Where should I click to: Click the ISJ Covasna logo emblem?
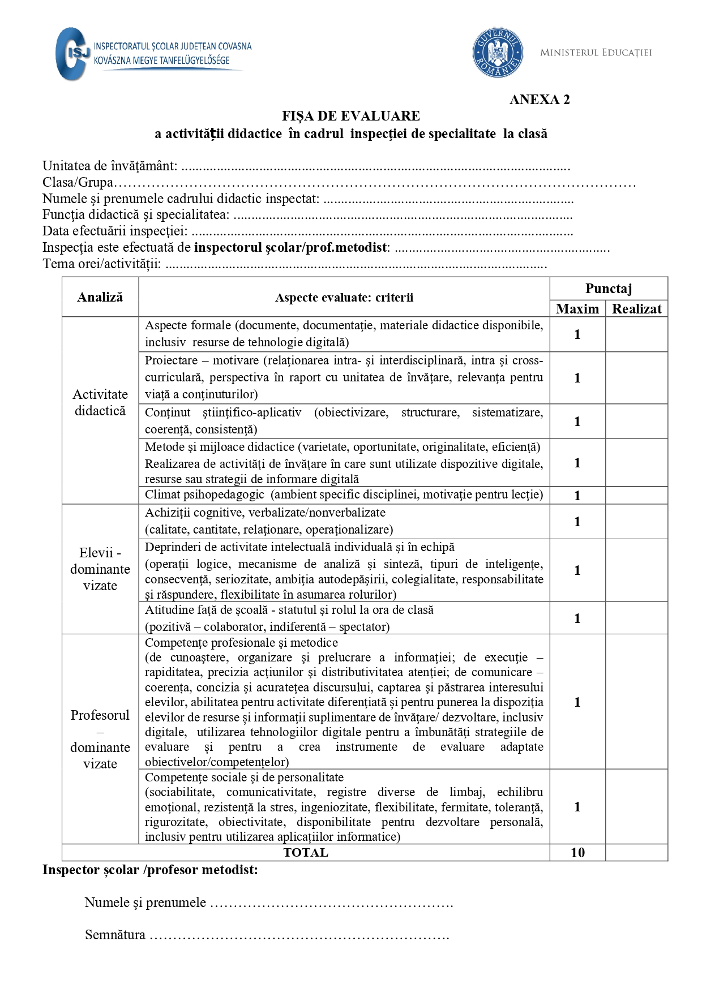(72, 54)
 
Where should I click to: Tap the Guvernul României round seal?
(498, 53)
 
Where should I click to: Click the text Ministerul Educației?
(596, 53)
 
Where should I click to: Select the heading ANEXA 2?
(540, 100)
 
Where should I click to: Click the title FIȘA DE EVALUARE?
(351, 116)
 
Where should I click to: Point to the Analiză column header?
(100, 297)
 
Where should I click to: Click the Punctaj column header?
(609, 289)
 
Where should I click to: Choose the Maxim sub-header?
(577, 309)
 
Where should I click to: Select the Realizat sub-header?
(637, 309)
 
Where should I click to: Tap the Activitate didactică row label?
(100, 402)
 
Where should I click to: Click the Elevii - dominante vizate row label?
(100, 569)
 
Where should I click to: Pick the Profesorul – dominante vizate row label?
(100, 739)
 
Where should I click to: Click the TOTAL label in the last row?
(306, 853)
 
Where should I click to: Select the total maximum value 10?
(577, 853)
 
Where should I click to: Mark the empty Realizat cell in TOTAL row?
(637, 853)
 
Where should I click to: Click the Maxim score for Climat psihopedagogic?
(577, 496)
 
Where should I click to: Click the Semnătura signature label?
(115, 935)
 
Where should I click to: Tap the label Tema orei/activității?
(102, 264)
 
